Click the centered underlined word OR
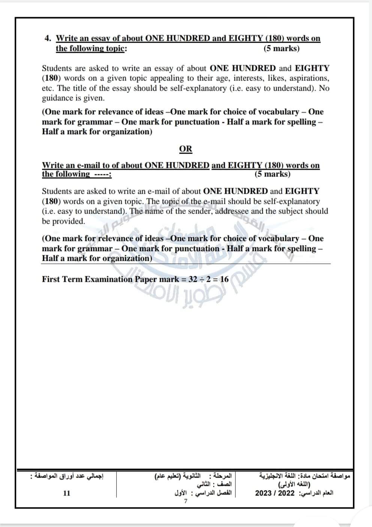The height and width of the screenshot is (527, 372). [186, 149]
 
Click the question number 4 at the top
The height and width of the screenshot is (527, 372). [47, 38]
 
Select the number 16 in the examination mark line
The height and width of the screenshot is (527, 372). [224, 279]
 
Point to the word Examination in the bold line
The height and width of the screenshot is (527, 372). [109, 279]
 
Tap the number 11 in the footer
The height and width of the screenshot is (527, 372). [66, 493]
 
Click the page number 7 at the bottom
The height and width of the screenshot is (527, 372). [186, 502]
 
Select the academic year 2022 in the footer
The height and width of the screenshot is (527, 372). [286, 493]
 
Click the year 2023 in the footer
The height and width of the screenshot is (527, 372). [264, 493]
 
